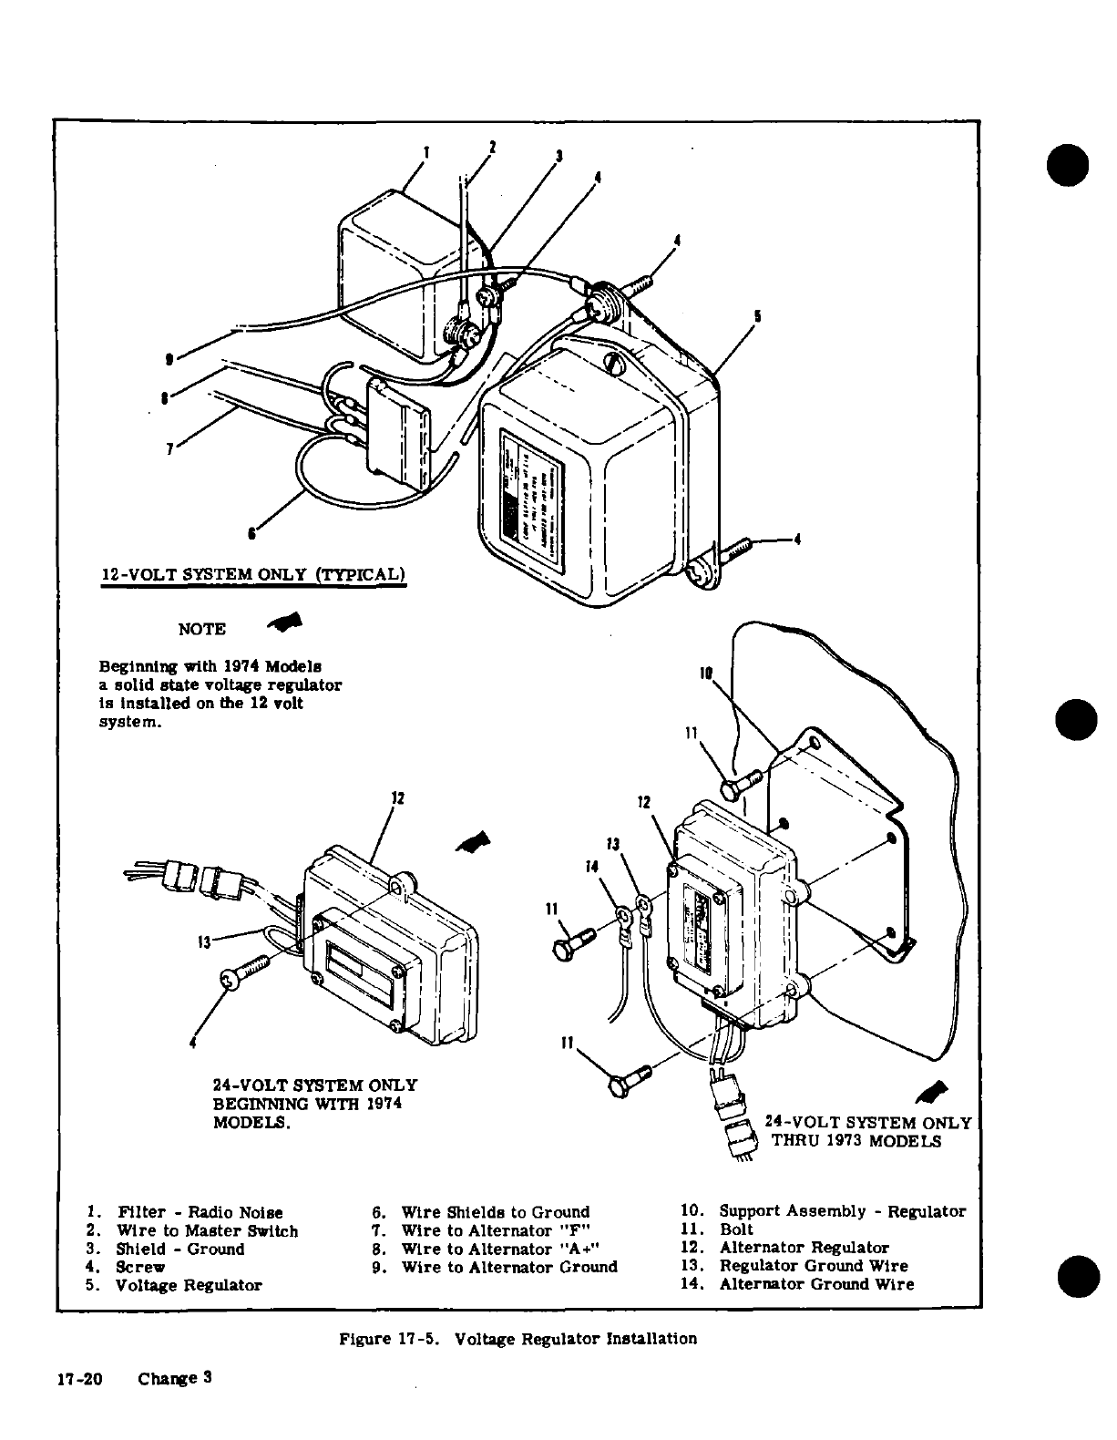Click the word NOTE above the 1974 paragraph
click(x=202, y=630)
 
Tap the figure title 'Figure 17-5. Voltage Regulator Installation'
click(x=518, y=1339)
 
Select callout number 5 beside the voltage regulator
click(x=758, y=317)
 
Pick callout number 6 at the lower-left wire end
click(x=252, y=533)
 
